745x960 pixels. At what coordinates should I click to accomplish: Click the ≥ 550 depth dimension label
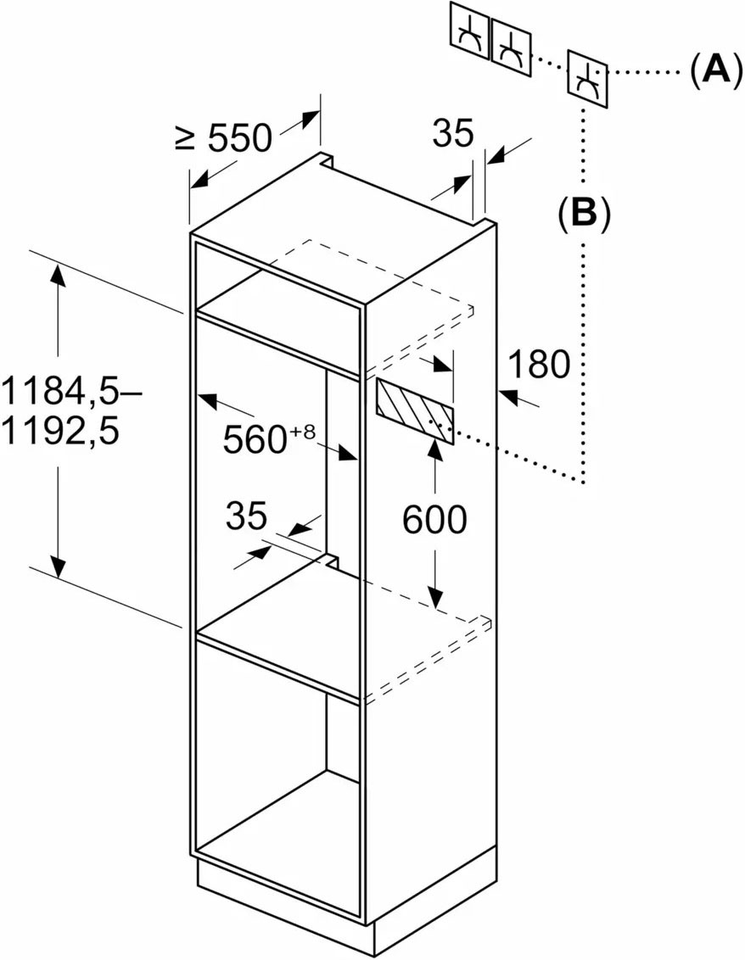pyautogui.click(x=223, y=138)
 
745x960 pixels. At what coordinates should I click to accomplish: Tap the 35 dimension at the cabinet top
pyautogui.click(x=453, y=133)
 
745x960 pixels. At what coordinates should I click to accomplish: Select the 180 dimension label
pyautogui.click(x=539, y=365)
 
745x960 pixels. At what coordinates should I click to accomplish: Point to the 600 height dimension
pyautogui.click(x=434, y=520)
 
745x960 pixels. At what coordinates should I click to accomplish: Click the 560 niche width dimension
pyautogui.click(x=270, y=438)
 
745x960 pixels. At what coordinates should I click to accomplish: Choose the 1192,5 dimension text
pyautogui.click(x=60, y=433)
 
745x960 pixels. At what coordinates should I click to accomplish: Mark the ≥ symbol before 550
pyautogui.click(x=185, y=138)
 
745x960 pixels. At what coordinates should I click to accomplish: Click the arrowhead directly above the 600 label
pyautogui.click(x=434, y=451)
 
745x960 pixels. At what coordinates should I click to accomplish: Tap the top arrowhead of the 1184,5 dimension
pyautogui.click(x=58, y=274)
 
